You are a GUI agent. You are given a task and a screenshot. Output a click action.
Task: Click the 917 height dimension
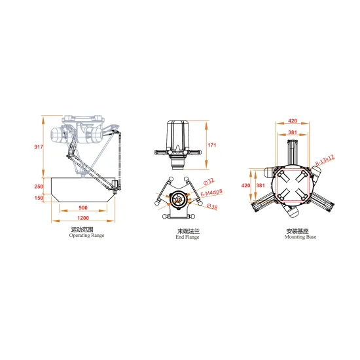[x=39, y=147]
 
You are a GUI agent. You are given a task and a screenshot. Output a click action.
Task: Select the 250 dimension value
[x=39, y=187]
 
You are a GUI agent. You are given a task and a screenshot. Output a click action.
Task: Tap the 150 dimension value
[x=39, y=198]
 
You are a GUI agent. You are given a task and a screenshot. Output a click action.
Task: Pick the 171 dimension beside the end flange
[x=211, y=144]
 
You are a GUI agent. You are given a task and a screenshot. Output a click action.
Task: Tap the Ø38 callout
[x=211, y=206]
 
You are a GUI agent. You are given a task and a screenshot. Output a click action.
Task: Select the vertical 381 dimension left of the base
[x=261, y=185]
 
